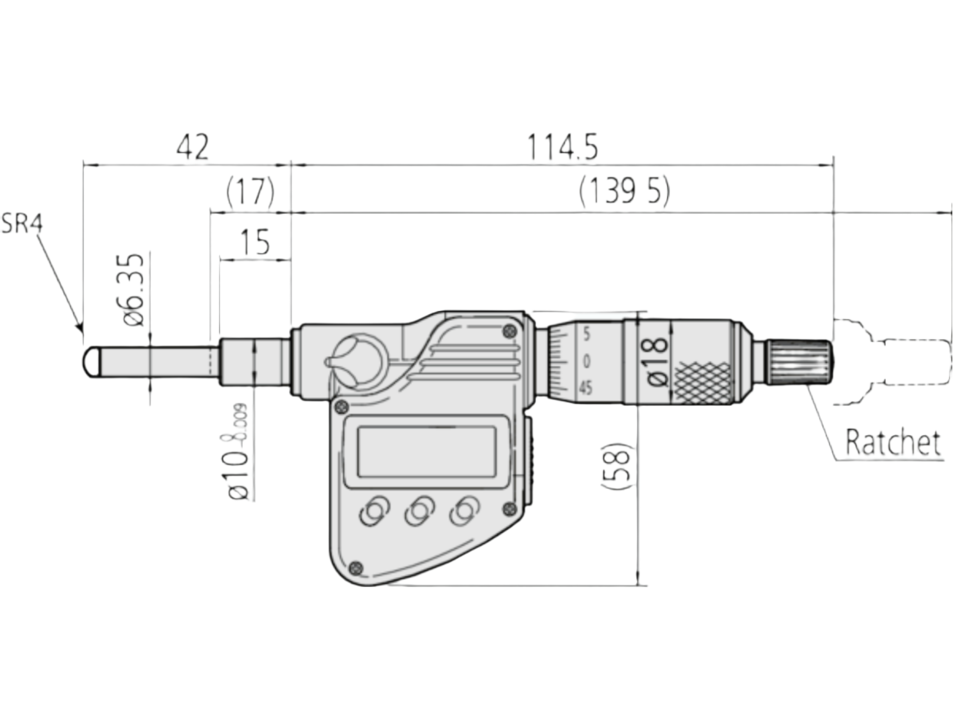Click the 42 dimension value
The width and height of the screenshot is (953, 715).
(x=193, y=147)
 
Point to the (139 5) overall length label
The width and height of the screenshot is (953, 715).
(x=624, y=191)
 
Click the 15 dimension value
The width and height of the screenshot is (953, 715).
(x=255, y=242)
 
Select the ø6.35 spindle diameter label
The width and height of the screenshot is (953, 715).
(x=134, y=290)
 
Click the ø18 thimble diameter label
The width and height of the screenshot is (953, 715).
(x=657, y=361)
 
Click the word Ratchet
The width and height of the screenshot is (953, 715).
(x=892, y=443)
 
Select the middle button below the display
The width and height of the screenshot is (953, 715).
(x=418, y=511)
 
